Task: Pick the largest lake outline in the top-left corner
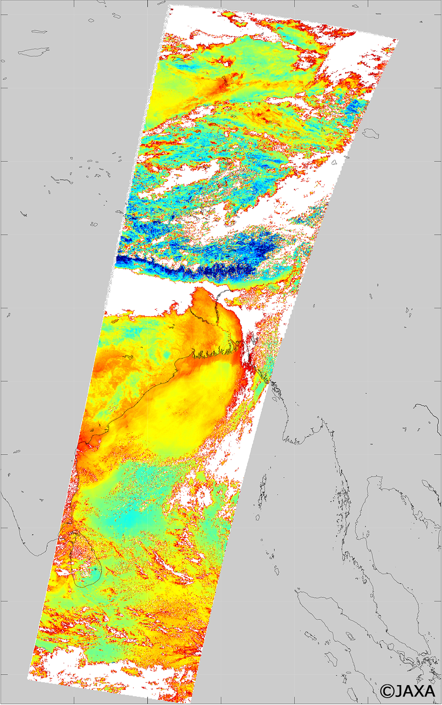coord(34,52)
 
